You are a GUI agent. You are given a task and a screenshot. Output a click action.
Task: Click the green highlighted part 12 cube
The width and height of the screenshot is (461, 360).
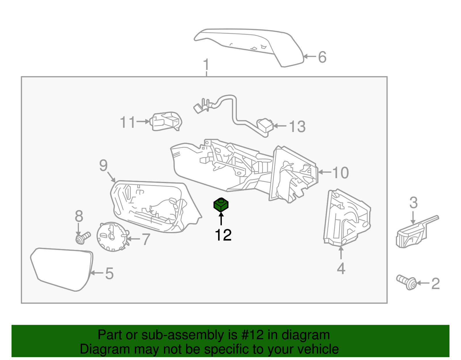[x=221, y=205]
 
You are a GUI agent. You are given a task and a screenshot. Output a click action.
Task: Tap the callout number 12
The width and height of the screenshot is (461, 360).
[x=223, y=235]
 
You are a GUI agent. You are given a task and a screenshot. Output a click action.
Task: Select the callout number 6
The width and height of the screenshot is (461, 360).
[x=322, y=57]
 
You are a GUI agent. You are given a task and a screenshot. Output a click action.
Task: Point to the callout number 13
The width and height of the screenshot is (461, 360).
[x=297, y=127]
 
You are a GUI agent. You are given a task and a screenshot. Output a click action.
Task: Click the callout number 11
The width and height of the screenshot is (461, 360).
[x=128, y=122]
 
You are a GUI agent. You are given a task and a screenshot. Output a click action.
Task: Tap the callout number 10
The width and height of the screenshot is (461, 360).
[x=340, y=173]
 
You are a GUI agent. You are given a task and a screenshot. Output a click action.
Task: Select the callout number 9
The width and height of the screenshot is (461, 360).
[x=103, y=165]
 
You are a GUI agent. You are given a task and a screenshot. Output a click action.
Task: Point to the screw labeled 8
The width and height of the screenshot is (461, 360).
[x=82, y=238]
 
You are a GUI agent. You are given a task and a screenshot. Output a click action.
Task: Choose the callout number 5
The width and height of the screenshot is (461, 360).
[x=109, y=273]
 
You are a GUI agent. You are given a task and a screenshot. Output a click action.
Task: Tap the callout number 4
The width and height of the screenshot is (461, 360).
[x=341, y=269]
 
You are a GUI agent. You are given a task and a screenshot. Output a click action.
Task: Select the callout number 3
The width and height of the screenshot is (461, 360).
[x=413, y=203]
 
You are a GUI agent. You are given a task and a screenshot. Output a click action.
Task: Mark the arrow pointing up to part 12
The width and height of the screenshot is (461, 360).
[x=221, y=219]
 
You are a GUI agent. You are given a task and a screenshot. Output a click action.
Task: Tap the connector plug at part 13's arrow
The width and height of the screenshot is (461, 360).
[x=265, y=126]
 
